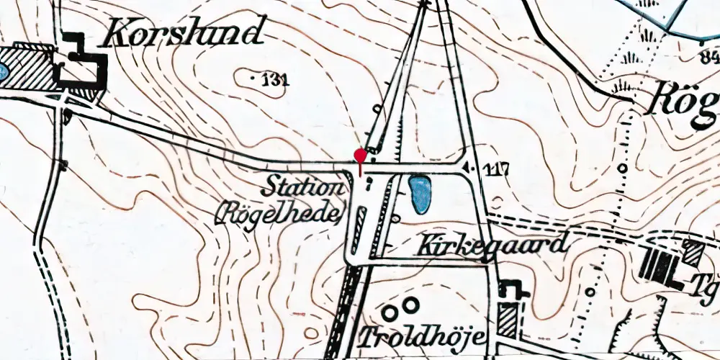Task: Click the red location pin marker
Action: click(x=360, y=157)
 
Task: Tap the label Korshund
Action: click(x=184, y=33)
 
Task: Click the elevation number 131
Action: click(x=275, y=80)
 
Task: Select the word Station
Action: click(x=302, y=187)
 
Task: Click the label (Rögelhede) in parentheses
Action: click(x=282, y=212)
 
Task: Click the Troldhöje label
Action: click(x=422, y=338)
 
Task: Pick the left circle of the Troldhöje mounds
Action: click(x=392, y=313)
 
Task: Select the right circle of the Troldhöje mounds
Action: click(x=411, y=305)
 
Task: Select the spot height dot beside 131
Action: click(x=252, y=75)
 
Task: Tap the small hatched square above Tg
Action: click(x=693, y=251)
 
